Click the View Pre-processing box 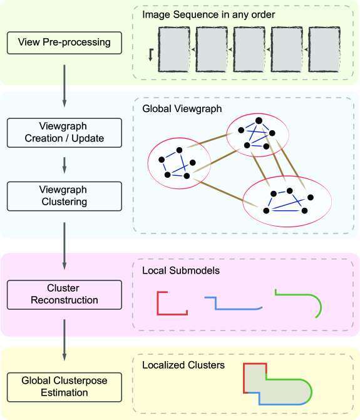coord(64,43)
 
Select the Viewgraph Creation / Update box coord(64,133)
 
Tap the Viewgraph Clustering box coord(64,196)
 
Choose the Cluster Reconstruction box coord(64,295)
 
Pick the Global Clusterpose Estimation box coord(64,387)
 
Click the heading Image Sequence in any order coord(208,15)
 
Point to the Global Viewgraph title coord(182,109)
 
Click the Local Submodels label coord(181,270)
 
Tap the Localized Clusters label coord(183,365)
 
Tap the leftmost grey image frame coord(174,49)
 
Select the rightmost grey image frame coord(324,49)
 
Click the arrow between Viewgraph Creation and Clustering coord(64,165)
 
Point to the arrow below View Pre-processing coord(64,86)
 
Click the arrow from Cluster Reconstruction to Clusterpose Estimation coord(64,340)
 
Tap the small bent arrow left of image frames coord(151,54)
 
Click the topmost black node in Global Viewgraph coord(259,121)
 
